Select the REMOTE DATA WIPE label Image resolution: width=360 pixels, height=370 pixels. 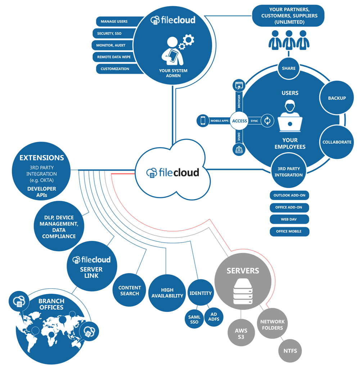pos(114,57)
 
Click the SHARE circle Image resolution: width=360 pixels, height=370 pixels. pos(288,68)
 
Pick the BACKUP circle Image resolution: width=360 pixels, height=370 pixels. pos(336,98)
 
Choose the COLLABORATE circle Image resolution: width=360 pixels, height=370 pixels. pos(337,142)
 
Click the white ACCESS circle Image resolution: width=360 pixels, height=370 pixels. pos(239,121)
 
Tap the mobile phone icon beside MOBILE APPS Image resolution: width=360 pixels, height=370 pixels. pos(203,121)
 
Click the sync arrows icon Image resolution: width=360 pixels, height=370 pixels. pos(267,121)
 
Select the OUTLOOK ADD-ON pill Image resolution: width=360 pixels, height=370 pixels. pos(289,195)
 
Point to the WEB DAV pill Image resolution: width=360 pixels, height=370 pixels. pos(289,219)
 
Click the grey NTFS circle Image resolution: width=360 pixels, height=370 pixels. pos(290,351)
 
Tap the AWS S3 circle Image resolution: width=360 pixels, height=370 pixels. pos(241,333)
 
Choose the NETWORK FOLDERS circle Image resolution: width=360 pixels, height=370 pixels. pos(272,324)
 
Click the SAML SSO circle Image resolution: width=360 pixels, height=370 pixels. pos(194,319)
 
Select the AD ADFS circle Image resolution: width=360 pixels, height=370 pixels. pos(213,317)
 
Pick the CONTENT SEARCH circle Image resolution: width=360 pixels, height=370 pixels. pos(129,290)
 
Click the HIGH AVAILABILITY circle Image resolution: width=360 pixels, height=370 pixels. pos(167,293)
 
